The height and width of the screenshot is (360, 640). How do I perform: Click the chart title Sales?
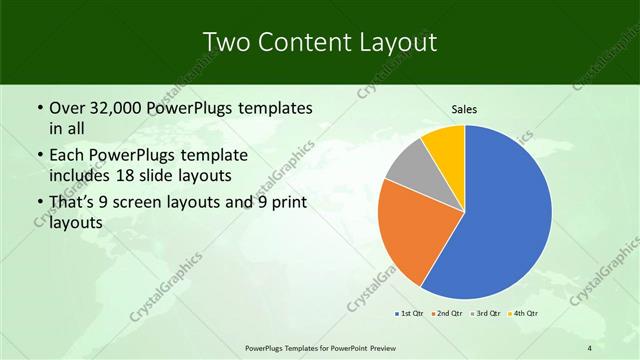(465, 109)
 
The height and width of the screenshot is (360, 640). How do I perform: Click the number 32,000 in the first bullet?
(117, 108)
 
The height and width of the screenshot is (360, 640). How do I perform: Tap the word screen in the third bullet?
(156, 203)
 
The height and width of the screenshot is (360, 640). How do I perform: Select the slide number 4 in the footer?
(590, 348)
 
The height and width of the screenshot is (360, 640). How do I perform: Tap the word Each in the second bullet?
(68, 157)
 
